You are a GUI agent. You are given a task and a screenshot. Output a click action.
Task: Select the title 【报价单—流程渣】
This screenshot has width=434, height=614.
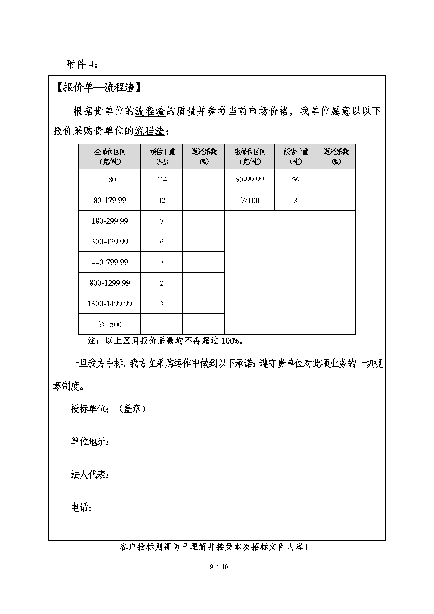tap(99, 87)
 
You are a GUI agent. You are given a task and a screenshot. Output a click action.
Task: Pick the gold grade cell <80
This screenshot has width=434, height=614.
tap(110, 180)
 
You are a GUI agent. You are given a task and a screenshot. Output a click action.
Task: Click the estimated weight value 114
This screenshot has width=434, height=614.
tap(162, 180)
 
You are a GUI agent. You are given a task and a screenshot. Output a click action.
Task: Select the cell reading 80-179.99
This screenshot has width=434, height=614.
tap(110, 200)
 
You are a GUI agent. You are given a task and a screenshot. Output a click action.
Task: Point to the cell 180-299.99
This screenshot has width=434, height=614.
tap(110, 221)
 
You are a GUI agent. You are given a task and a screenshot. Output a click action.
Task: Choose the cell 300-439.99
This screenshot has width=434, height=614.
tap(110, 242)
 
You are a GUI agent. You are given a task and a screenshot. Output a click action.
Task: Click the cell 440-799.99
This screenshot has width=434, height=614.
tap(110, 262)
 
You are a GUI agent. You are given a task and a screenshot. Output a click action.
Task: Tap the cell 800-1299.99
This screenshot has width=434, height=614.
tap(110, 283)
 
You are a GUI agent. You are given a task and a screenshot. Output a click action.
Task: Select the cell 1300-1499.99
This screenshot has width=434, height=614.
tap(110, 303)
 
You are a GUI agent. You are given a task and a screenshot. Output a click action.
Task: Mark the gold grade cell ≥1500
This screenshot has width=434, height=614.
tap(110, 324)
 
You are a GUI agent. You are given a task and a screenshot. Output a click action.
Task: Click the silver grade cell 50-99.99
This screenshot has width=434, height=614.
tap(250, 180)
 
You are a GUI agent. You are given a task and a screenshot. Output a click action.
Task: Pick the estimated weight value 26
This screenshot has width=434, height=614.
tap(295, 180)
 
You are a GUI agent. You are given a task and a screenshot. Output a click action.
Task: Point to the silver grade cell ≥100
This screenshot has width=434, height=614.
tap(250, 200)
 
